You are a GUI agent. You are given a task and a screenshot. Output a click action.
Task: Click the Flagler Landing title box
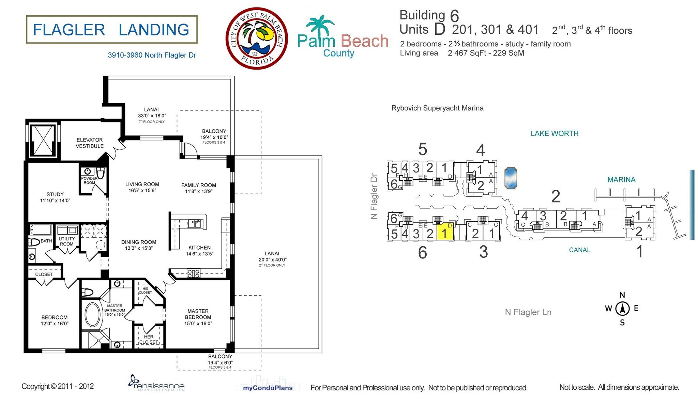(x=111, y=30)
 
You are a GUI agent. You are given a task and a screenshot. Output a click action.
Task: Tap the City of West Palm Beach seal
(x=257, y=39)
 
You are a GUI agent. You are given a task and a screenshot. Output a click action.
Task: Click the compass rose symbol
(x=622, y=309)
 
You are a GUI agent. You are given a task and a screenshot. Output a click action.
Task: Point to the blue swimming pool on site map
(x=511, y=178)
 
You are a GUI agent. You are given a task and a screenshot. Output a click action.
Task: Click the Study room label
(x=55, y=197)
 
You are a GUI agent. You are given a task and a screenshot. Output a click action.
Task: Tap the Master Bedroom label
(x=198, y=317)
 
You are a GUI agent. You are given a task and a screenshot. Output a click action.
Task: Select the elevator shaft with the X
(x=42, y=140)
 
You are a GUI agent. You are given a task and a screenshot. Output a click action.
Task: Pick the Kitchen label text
(x=199, y=250)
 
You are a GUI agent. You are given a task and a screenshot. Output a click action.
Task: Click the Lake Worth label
(x=554, y=134)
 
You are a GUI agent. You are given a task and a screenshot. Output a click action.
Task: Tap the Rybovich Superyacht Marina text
(x=437, y=108)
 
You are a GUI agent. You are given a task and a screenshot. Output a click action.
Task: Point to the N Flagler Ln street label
(x=528, y=312)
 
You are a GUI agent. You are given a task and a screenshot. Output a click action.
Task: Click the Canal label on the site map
(x=579, y=250)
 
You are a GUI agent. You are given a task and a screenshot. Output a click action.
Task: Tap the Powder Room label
(x=89, y=180)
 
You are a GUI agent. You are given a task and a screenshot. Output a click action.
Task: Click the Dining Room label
(x=139, y=245)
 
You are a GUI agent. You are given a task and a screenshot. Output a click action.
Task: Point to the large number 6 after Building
(x=454, y=16)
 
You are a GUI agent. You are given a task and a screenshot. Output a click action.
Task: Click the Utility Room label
(x=66, y=241)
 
